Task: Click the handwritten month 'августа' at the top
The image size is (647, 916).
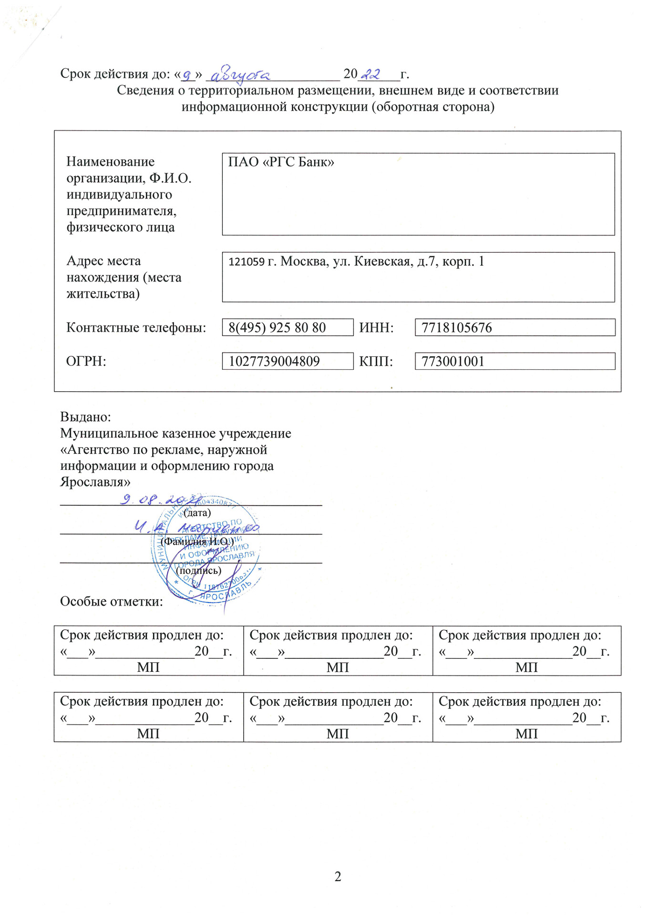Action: pyautogui.click(x=240, y=75)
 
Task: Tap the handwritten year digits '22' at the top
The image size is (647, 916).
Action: pyautogui.click(x=371, y=74)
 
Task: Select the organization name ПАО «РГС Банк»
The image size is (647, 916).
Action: pyautogui.click(x=281, y=162)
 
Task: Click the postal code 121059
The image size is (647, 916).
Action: pyautogui.click(x=246, y=261)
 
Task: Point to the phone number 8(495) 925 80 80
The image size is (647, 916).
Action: pyautogui.click(x=277, y=328)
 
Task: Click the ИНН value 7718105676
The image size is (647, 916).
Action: pyautogui.click(x=456, y=328)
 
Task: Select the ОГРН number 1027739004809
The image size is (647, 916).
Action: pyautogui.click(x=274, y=361)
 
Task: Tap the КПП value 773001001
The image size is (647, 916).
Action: pyautogui.click(x=452, y=361)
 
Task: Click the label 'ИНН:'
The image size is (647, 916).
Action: pyautogui.click(x=376, y=328)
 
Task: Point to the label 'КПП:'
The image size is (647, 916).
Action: pyautogui.click(x=376, y=361)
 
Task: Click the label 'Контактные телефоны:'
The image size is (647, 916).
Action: pyautogui.click(x=136, y=328)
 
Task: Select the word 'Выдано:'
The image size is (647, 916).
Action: pyautogui.click(x=85, y=417)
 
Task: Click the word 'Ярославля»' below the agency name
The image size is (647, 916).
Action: pyautogui.click(x=95, y=482)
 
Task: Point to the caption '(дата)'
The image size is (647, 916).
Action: pyautogui.click(x=197, y=513)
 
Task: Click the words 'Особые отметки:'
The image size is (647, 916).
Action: pyautogui.click(x=111, y=602)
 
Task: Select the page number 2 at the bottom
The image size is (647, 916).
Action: pyautogui.click(x=338, y=876)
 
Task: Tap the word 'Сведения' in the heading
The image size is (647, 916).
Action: pyautogui.click(x=145, y=91)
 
